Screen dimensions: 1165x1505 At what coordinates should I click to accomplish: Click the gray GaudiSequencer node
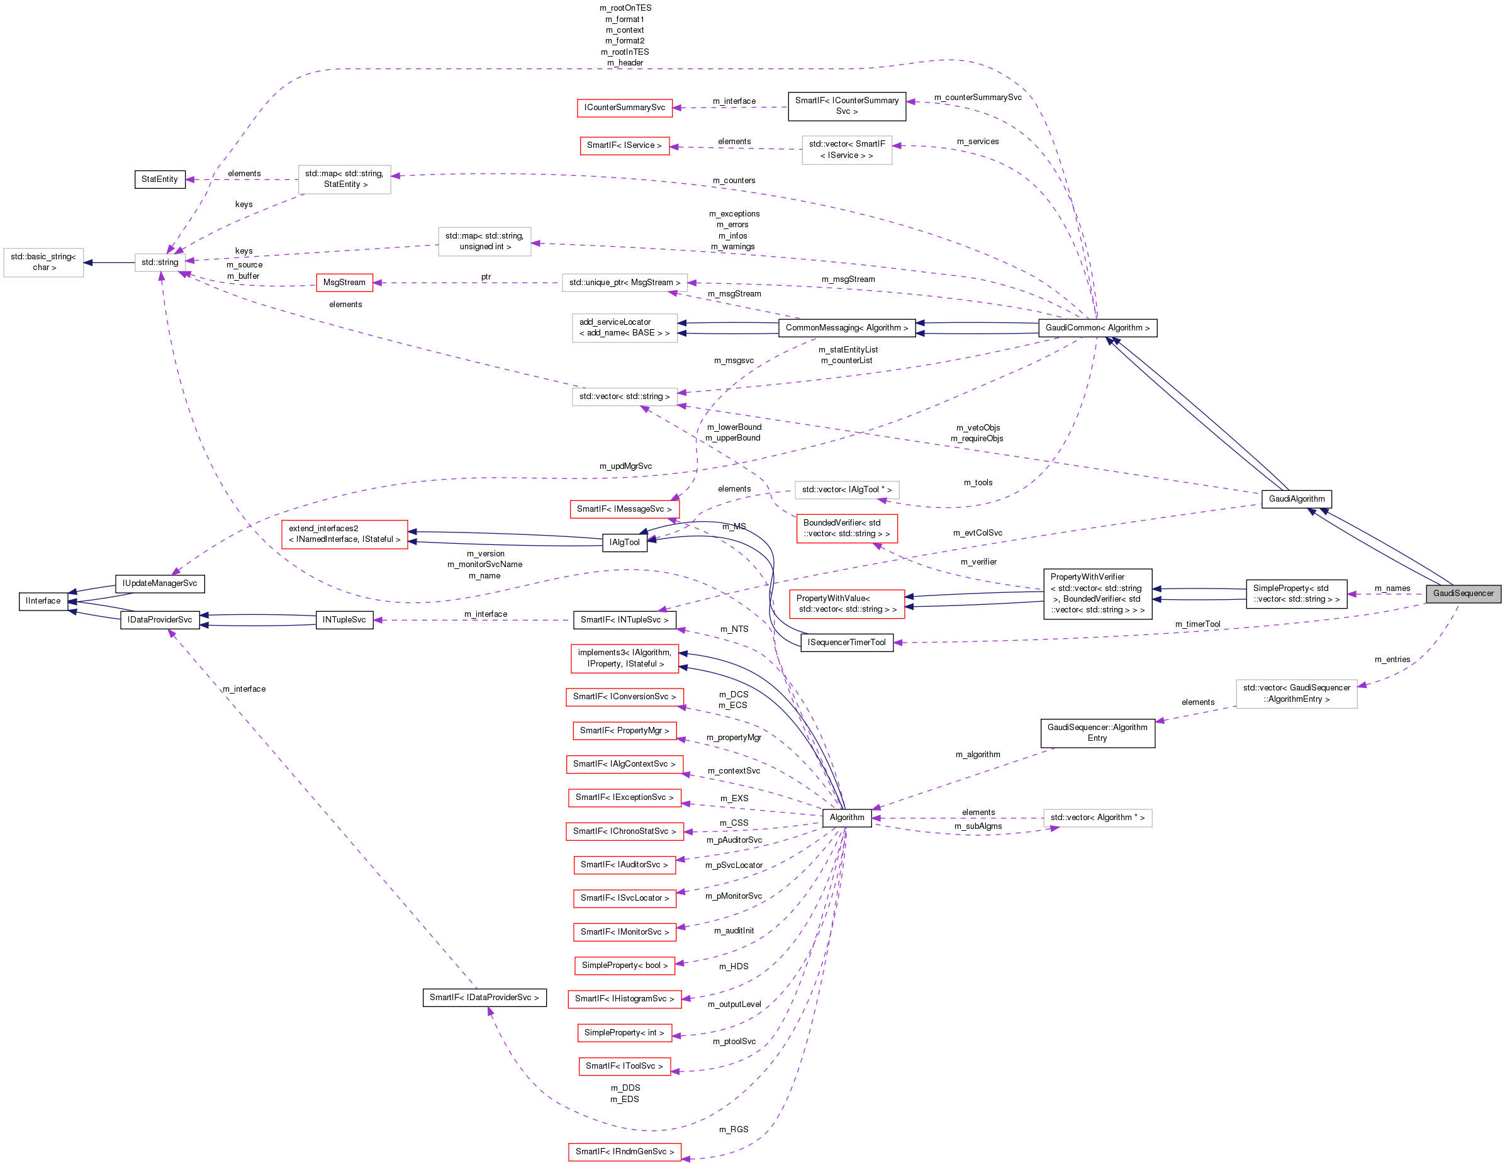[1463, 594]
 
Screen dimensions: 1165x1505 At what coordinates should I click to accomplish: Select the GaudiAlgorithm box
[1296, 499]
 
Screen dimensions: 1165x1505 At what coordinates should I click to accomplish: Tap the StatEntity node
[159, 179]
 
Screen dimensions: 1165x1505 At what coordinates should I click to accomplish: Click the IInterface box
[43, 601]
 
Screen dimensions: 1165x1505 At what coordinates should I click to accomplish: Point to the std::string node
[160, 262]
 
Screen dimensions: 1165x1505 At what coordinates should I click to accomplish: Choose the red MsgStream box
[344, 283]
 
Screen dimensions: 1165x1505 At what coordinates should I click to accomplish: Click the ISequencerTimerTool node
[846, 643]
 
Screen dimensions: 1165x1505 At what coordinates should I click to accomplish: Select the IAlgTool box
[624, 543]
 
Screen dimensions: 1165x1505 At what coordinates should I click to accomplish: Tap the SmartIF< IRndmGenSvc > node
[624, 1152]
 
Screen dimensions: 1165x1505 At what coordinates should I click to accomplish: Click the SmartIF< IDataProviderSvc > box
[484, 998]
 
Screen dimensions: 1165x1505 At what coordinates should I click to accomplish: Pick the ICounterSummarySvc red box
[624, 108]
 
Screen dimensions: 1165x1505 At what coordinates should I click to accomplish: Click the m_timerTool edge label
[1198, 624]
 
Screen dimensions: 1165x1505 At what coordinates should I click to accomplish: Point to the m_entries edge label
[1392, 660]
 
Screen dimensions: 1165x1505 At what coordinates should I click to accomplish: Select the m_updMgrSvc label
[625, 466]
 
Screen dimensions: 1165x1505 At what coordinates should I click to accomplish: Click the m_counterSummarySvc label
[978, 98]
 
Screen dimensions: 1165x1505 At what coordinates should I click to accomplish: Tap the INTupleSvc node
[344, 620]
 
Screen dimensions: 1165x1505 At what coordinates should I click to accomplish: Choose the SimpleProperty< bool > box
[624, 965]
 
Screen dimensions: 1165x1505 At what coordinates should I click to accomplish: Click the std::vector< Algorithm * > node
[1097, 818]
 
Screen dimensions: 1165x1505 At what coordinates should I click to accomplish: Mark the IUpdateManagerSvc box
[159, 584]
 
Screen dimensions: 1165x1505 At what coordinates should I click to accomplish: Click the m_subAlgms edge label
[978, 826]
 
